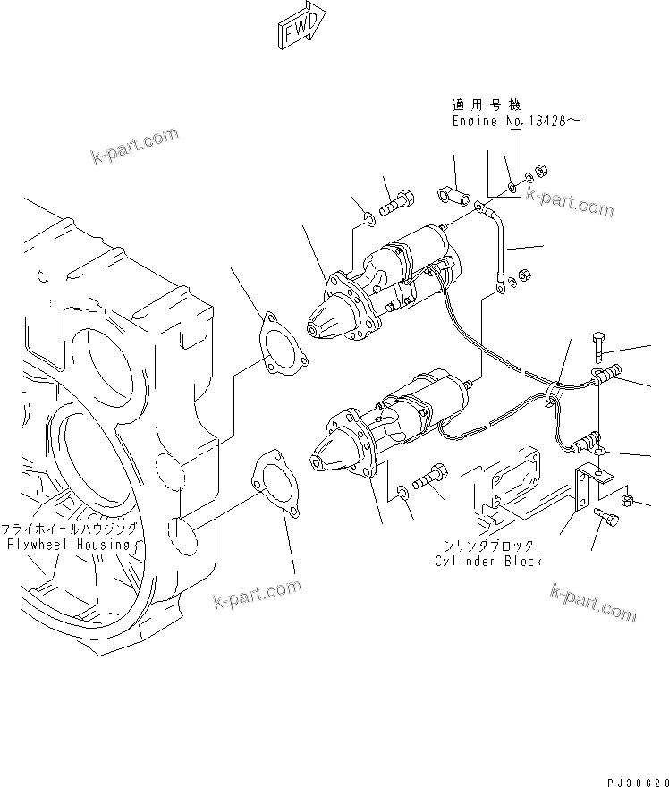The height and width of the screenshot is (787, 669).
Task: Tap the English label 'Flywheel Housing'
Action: point(68,544)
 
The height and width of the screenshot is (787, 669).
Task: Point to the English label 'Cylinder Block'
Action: point(487,561)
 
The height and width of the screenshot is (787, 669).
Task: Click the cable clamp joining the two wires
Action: point(555,391)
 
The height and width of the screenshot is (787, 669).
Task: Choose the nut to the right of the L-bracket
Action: point(628,500)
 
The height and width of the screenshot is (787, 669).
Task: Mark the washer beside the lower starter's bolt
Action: point(402,492)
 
